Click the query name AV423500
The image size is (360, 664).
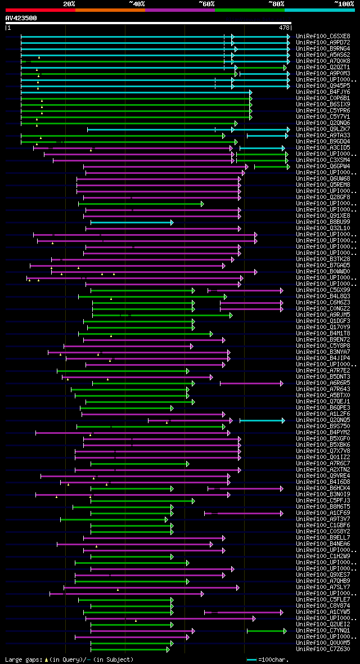coord(21,18)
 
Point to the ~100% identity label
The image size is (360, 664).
coord(344,4)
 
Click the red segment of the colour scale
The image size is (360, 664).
coord(40,10)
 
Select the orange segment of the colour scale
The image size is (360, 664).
coord(110,10)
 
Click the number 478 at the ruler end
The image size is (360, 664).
coord(285,27)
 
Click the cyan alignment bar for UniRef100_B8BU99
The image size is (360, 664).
coord(132,222)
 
